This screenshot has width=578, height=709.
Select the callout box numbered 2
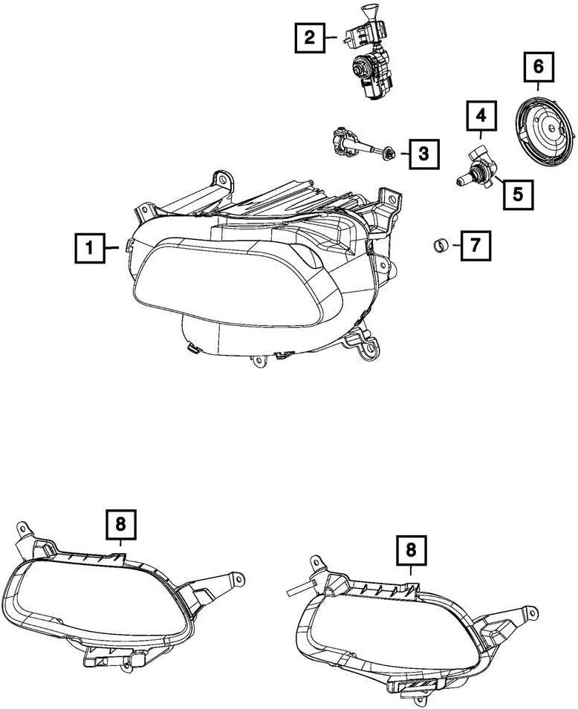309,37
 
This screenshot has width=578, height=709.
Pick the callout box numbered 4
481,116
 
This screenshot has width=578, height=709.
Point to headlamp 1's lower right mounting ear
366,347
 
